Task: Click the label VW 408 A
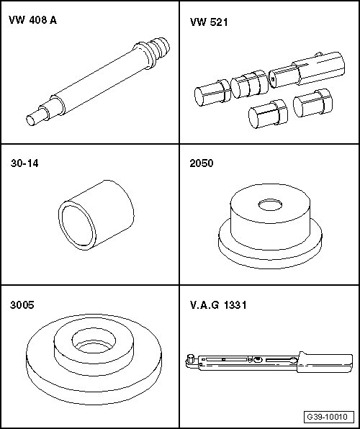(32, 20)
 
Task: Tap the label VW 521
(209, 22)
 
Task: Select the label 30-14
(24, 163)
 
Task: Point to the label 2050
(201, 163)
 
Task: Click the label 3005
(22, 304)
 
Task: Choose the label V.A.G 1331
(218, 304)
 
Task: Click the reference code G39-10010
(328, 417)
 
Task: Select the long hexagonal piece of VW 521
(307, 70)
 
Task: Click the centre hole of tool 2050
(270, 205)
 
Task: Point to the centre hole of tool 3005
(94, 341)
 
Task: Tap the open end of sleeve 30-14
(78, 225)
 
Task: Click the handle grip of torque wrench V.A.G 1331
(325, 362)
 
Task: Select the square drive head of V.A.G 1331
(190, 359)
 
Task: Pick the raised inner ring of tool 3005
(94, 364)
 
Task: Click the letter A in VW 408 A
(53, 20)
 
